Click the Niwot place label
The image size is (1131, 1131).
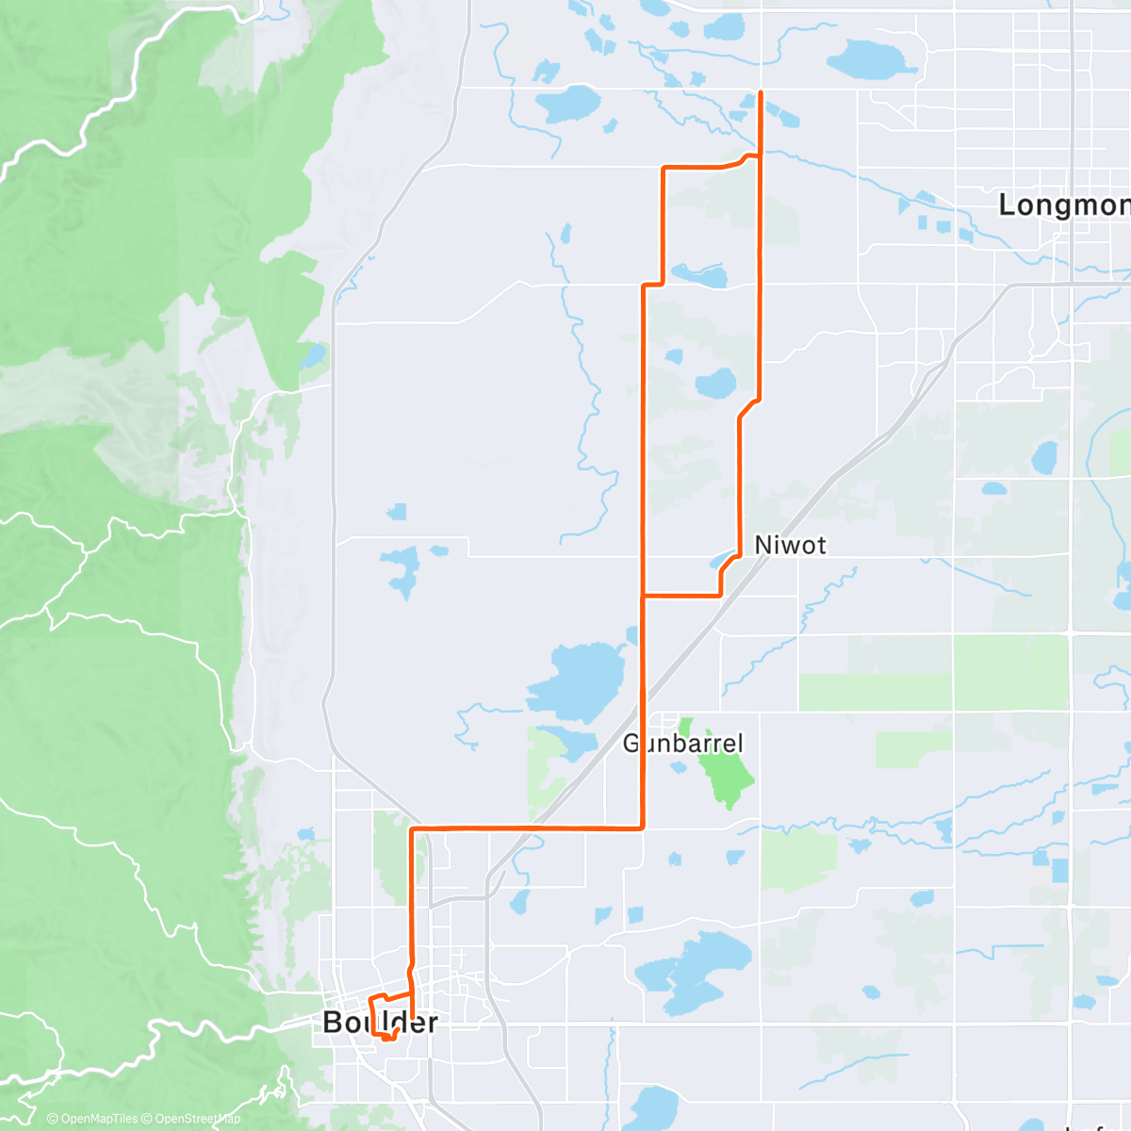(790, 545)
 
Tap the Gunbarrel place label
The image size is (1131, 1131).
(683, 744)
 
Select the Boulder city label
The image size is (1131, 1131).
(380, 1022)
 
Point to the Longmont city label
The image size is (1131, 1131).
(1063, 205)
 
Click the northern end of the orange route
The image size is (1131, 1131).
(761, 92)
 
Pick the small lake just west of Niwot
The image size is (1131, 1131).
(722, 562)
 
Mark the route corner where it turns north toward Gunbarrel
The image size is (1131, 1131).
(643, 828)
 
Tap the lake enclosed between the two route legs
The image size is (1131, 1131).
(715, 384)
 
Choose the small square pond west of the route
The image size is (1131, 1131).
(397, 512)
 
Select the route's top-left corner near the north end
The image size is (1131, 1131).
(664, 169)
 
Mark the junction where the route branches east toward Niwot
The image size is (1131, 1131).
(643, 596)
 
